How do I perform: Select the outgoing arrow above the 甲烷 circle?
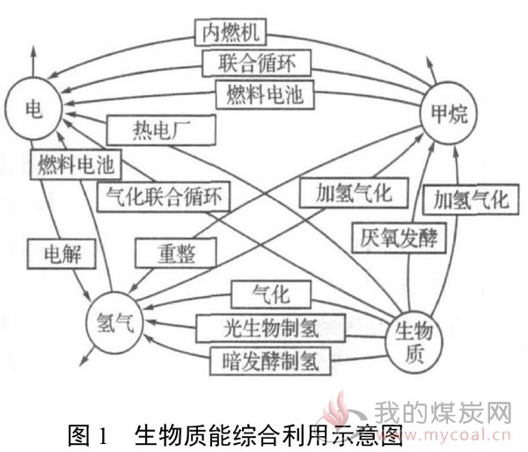(431, 70)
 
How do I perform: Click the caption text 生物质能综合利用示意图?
(269, 434)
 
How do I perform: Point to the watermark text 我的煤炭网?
(444, 412)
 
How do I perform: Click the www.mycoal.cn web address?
(451, 434)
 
